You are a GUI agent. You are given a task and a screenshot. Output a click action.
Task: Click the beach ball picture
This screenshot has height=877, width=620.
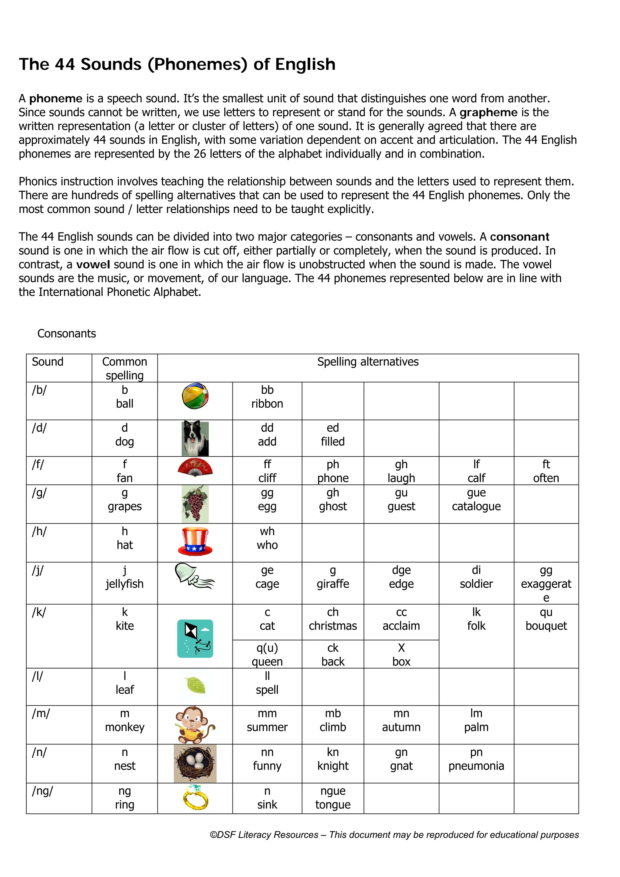click(x=195, y=396)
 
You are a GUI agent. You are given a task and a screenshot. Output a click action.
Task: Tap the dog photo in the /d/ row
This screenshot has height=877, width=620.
click(x=195, y=438)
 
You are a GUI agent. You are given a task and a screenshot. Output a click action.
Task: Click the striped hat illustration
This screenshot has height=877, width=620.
click(x=195, y=541)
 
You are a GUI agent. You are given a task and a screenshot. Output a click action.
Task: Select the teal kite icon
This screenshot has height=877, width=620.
click(x=195, y=638)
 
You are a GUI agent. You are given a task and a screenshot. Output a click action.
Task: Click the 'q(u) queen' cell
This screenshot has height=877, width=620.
click(x=267, y=654)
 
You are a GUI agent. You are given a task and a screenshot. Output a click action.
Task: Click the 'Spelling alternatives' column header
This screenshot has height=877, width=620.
click(x=368, y=362)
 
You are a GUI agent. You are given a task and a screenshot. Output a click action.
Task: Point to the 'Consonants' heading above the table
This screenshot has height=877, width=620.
click(x=67, y=333)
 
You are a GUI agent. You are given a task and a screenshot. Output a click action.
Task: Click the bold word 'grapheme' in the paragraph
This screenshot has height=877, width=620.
click(x=488, y=112)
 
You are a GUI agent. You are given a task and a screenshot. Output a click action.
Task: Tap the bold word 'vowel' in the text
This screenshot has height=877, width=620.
click(x=93, y=264)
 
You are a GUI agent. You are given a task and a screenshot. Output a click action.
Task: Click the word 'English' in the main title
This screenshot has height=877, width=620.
click(x=305, y=64)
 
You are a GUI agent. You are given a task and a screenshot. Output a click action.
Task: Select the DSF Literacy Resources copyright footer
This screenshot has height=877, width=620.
click(x=394, y=835)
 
